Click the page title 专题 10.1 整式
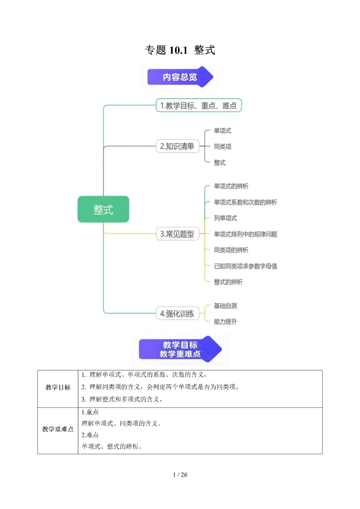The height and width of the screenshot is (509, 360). (180, 50)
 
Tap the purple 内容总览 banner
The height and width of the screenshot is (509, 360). (180, 77)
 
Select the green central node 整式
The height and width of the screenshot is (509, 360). (103, 209)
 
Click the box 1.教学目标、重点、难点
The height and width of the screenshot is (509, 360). (199, 105)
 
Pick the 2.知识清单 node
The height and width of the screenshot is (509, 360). (177, 146)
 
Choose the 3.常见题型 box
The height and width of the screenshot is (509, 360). (177, 234)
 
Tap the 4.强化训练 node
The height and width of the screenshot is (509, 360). (177, 313)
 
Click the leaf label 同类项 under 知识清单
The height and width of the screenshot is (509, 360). (223, 147)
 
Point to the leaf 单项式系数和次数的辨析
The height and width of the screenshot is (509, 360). (245, 202)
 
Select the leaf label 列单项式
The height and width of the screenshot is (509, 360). (225, 218)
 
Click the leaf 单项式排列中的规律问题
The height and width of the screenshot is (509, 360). (245, 234)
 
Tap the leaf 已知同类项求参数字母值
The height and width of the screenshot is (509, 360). (245, 266)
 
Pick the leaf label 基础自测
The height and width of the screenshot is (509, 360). (225, 306)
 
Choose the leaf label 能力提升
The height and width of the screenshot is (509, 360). (225, 322)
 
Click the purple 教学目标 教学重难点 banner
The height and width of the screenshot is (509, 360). (180, 349)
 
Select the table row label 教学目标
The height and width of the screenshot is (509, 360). (58, 387)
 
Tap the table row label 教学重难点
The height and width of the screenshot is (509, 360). (58, 429)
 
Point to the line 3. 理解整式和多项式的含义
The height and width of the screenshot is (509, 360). (122, 399)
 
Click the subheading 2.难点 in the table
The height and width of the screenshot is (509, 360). (90, 435)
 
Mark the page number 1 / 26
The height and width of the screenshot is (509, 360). (180, 474)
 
